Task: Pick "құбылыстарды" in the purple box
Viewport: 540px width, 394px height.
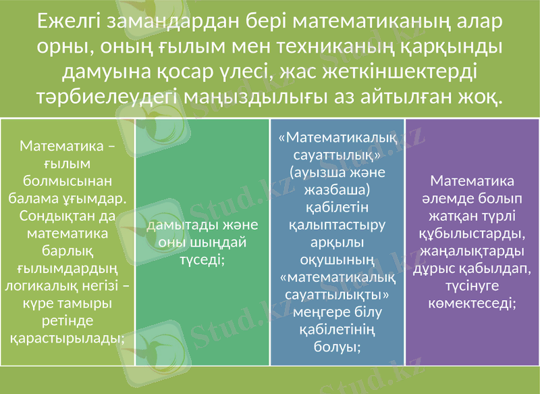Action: [x=472, y=234]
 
